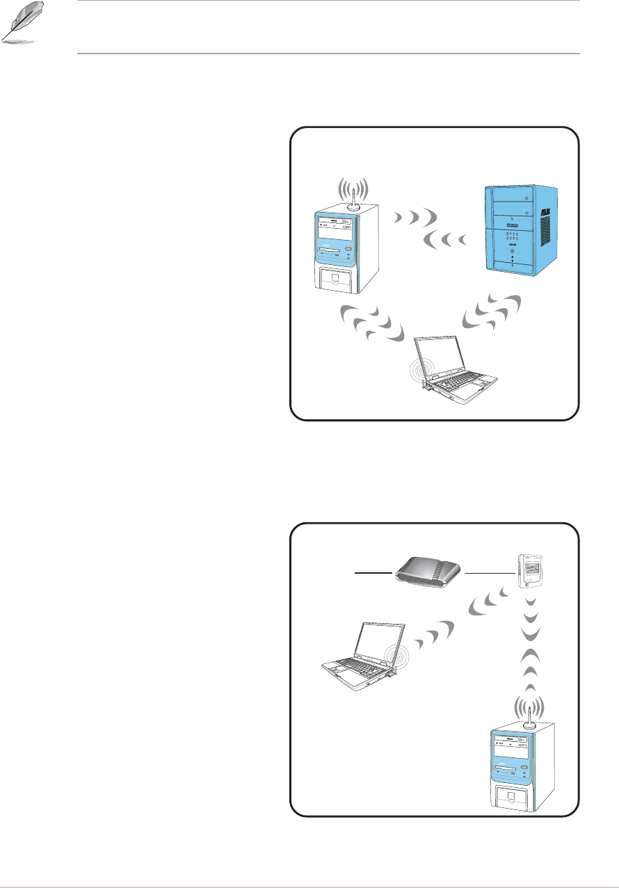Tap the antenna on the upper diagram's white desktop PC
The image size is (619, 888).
(353, 197)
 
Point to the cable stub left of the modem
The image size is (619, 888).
(374, 573)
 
